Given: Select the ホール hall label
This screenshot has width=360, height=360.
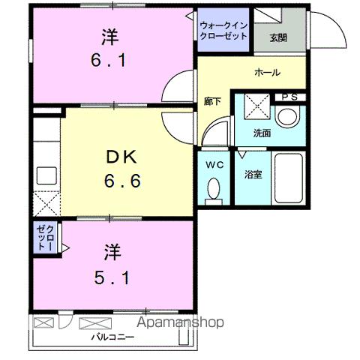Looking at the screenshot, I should [267, 73].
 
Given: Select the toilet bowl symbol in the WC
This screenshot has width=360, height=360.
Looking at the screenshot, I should [214, 189].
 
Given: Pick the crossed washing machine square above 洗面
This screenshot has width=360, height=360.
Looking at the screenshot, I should [256, 106].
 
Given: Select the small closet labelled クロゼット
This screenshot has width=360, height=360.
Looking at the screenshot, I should [43, 238].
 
